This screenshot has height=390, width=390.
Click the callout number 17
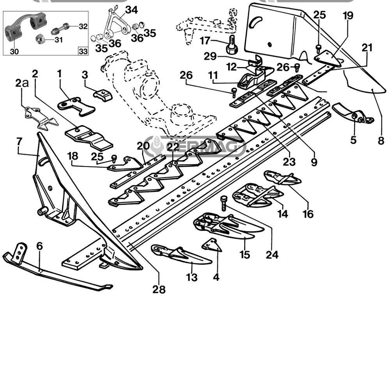point(205,40)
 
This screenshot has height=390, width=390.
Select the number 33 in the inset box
point(83,51)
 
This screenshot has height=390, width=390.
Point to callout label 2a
point(22,83)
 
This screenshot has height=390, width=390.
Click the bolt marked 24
point(223,203)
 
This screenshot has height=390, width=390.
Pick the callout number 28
point(159,290)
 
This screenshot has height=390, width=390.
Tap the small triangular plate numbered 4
point(211,245)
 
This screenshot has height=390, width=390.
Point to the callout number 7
point(19,141)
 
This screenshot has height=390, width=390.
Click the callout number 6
point(39,246)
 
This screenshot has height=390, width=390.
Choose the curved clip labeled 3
point(103,95)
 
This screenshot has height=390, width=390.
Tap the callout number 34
point(131,10)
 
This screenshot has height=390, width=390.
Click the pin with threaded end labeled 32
point(61,28)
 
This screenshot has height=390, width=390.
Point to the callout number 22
point(173,147)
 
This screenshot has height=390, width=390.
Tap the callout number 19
point(348,16)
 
